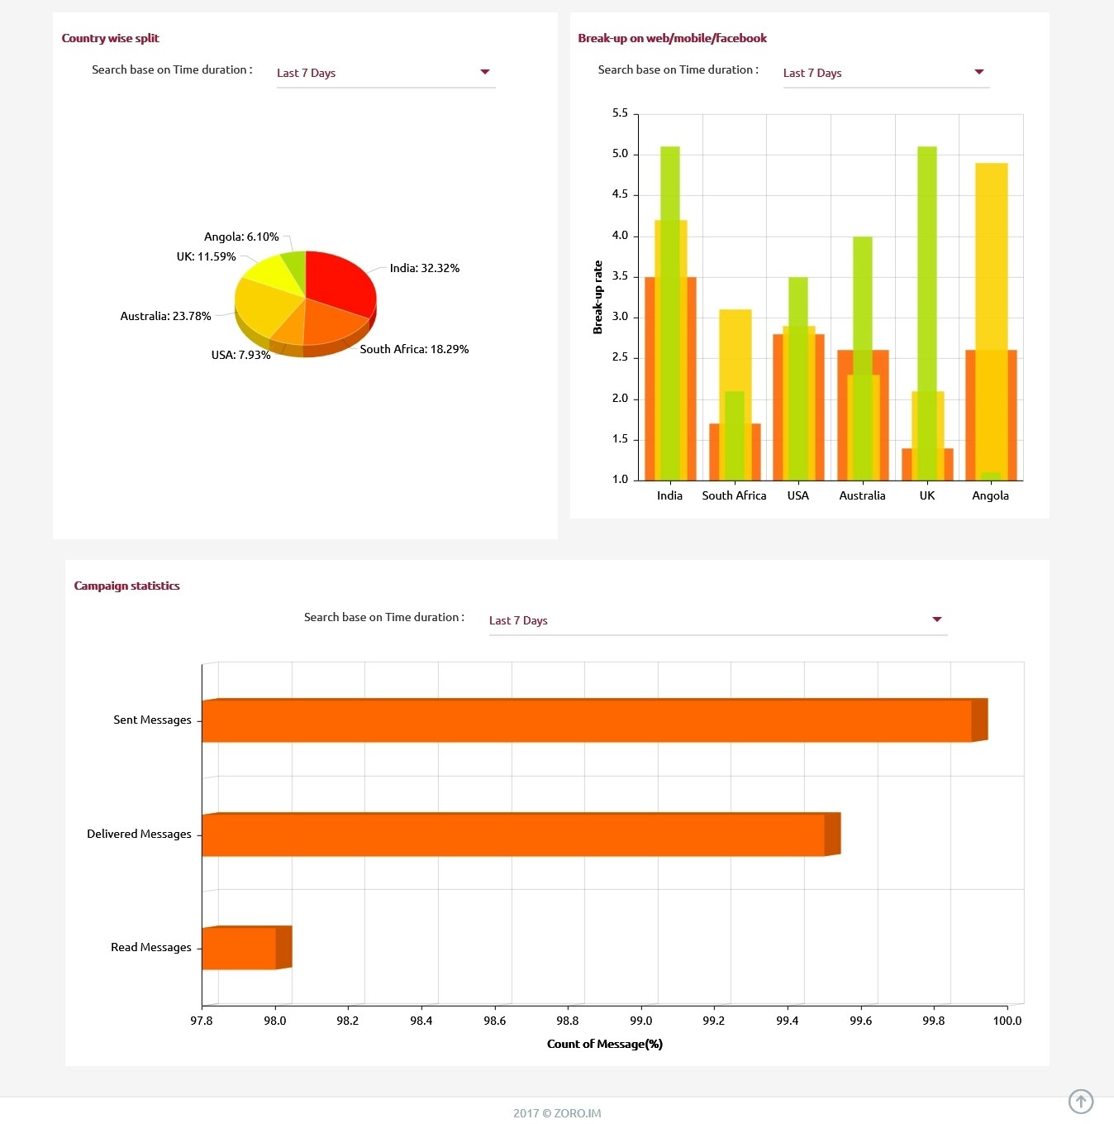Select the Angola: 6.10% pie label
(241, 237)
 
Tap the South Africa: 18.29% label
(414, 349)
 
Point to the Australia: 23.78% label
(165, 316)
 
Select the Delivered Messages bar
(512, 835)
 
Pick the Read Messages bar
(240, 948)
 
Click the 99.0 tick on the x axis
(641, 1021)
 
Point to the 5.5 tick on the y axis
(620, 112)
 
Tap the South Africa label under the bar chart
(734, 495)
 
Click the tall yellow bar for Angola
(991, 248)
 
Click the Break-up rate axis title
(597, 298)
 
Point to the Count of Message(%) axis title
(605, 1044)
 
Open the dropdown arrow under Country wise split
(485, 72)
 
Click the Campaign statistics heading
(126, 586)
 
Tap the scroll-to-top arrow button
(1080, 1101)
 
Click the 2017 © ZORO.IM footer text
(557, 1113)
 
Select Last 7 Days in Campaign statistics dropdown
(518, 620)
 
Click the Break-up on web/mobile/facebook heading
(672, 38)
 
